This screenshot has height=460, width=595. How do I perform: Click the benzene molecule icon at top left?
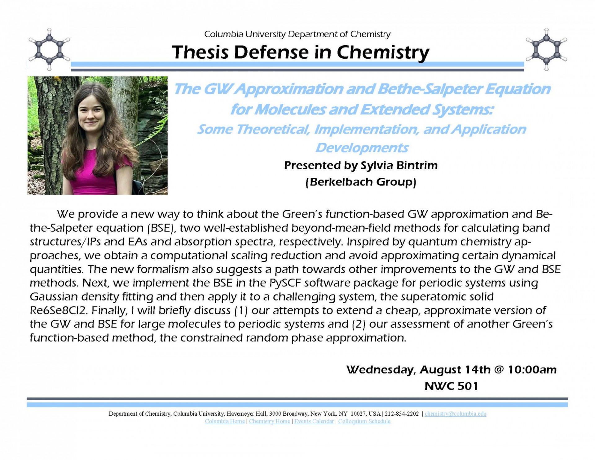[x=49, y=49]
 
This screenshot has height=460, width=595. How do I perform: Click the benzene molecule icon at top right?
[x=546, y=49]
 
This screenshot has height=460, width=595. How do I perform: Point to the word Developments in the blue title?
[x=362, y=148]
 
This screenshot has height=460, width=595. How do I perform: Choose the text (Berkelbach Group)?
[x=361, y=181]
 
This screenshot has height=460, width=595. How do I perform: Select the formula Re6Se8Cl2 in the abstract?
[x=59, y=310]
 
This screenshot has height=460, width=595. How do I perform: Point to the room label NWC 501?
[x=451, y=386]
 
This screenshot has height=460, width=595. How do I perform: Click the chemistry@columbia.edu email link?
[x=455, y=413]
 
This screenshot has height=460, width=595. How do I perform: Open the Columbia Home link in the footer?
[x=225, y=421]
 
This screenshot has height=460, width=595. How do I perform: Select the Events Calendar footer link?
[x=314, y=421]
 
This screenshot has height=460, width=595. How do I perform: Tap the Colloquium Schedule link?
[x=364, y=421]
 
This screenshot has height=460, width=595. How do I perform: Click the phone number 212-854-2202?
[x=402, y=413]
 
